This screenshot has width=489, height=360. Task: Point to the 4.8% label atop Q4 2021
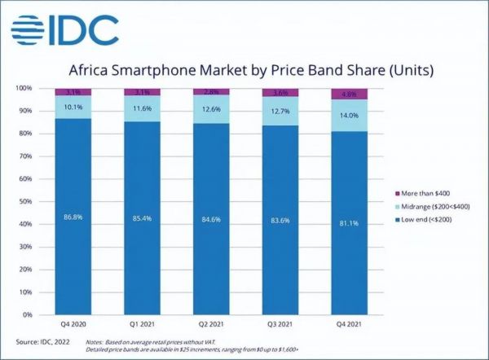(349, 93)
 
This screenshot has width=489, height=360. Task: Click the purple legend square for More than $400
(395, 193)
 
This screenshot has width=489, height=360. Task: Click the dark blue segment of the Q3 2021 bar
(279, 244)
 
